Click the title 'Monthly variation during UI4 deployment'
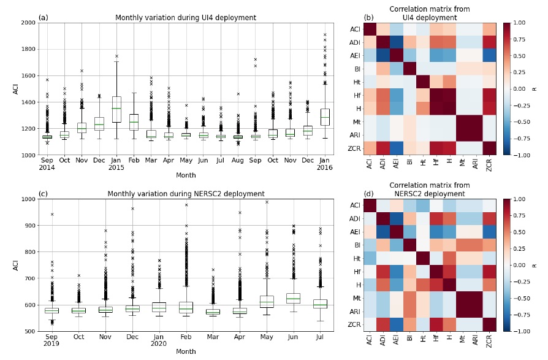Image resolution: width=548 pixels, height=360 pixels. click(x=186, y=18)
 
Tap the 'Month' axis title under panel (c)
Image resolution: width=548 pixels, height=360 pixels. click(x=186, y=352)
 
